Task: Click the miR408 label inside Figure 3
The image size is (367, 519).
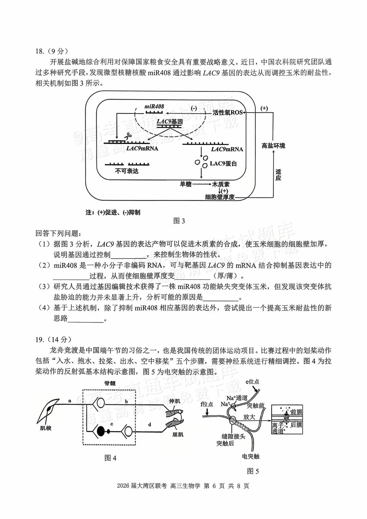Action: (x=154, y=106)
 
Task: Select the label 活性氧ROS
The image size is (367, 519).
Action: (x=227, y=112)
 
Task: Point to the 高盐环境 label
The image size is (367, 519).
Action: (x=273, y=146)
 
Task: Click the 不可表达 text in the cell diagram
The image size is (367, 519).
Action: (x=127, y=171)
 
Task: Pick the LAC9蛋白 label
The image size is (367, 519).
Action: (x=223, y=163)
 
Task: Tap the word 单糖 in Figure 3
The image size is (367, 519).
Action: (x=186, y=184)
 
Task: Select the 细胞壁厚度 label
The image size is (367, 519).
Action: (x=220, y=197)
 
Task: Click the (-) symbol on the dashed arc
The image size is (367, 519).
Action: (x=194, y=108)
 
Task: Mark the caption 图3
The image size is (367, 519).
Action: (x=179, y=221)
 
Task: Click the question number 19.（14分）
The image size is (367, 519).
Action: (x=53, y=340)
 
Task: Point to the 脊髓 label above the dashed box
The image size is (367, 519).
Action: (x=110, y=383)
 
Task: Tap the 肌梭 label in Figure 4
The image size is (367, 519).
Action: (x=46, y=428)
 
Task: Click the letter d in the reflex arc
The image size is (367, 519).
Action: (x=150, y=424)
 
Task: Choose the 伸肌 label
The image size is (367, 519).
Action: (x=175, y=401)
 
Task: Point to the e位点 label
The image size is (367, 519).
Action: (x=252, y=382)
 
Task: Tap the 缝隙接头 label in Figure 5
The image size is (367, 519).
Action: (x=233, y=436)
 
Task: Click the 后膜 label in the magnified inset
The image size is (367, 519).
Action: (x=296, y=425)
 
